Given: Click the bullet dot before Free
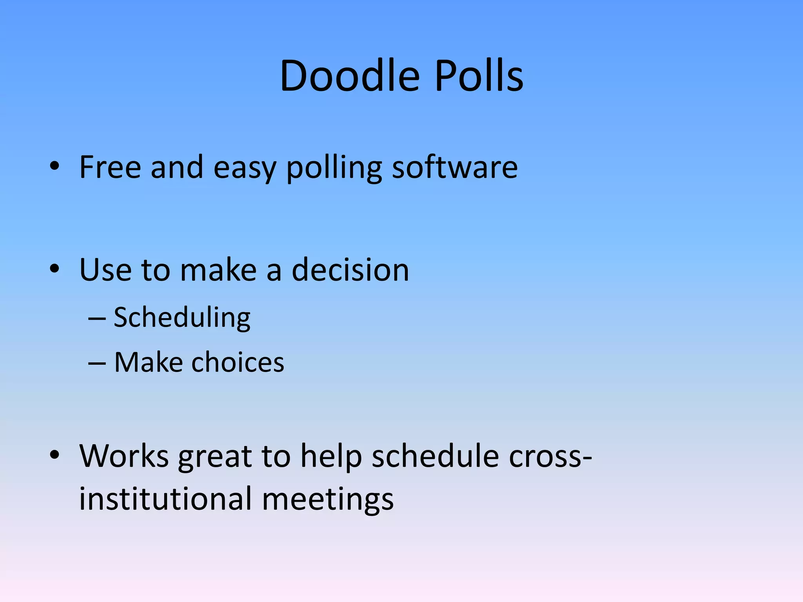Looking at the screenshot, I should click(55, 166).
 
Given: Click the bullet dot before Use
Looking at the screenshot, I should click(55, 269).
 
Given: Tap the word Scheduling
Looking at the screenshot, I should click(182, 317).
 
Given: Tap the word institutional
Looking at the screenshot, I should click(165, 499).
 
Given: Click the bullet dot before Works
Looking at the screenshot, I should click(55, 455).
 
